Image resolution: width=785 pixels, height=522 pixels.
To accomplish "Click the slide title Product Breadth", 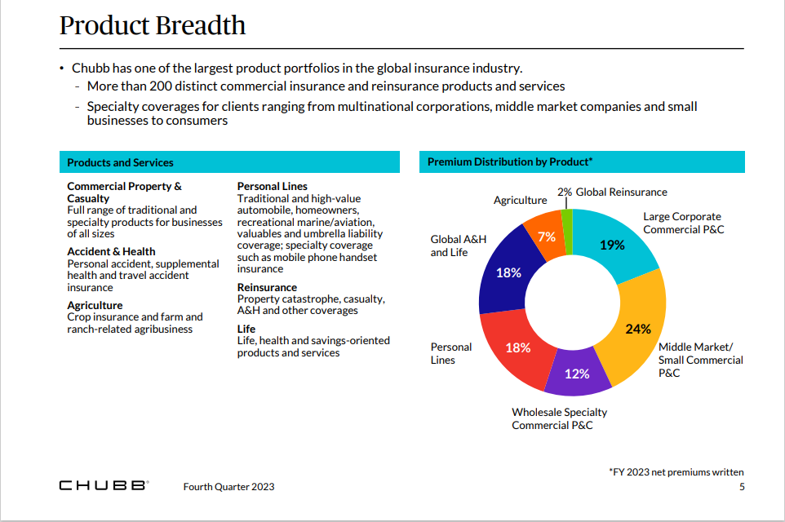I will [153, 25].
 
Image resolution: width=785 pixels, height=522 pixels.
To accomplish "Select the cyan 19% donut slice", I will [620, 245].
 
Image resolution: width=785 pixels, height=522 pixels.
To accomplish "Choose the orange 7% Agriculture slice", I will [545, 236].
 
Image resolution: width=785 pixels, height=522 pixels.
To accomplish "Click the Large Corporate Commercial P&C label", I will [683, 223].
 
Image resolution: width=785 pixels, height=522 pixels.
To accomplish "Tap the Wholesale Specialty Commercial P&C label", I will [559, 418].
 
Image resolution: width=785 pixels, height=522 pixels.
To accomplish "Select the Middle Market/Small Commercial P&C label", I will [700, 360].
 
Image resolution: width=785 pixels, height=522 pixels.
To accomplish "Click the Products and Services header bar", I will [229, 162].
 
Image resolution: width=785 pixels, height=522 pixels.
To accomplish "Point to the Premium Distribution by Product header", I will [581, 162].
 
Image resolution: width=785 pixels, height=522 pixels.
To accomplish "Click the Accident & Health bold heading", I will [111, 251].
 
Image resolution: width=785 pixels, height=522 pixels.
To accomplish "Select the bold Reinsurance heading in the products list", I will [267, 287].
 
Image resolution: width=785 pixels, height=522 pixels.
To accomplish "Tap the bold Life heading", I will [246, 329].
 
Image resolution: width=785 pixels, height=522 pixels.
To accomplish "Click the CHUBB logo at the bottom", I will [103, 486].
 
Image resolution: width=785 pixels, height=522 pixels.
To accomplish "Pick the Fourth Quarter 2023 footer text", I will [228, 487].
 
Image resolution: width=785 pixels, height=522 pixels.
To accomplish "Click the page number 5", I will [741, 487].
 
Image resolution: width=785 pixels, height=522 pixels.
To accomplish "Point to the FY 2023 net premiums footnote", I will [676, 471].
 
